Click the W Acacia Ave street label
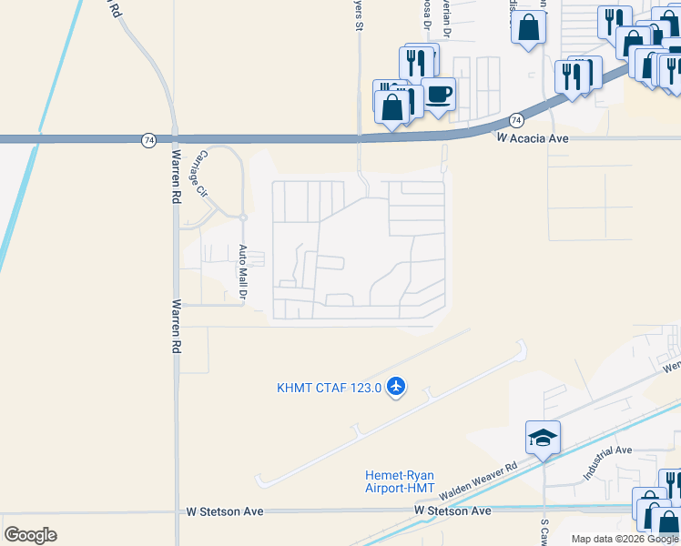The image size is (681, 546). (x=532, y=137)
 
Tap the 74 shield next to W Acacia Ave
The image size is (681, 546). (x=516, y=120)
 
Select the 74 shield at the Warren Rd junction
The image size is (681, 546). (x=148, y=139)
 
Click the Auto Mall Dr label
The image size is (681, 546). (x=243, y=272)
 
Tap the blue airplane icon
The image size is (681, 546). (x=395, y=388)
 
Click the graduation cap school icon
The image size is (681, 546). (x=543, y=438)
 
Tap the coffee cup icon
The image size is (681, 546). (x=439, y=93)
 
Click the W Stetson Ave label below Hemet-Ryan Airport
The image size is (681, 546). (x=452, y=511)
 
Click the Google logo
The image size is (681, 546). (x=30, y=535)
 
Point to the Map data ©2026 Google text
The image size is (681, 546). (x=625, y=539)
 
